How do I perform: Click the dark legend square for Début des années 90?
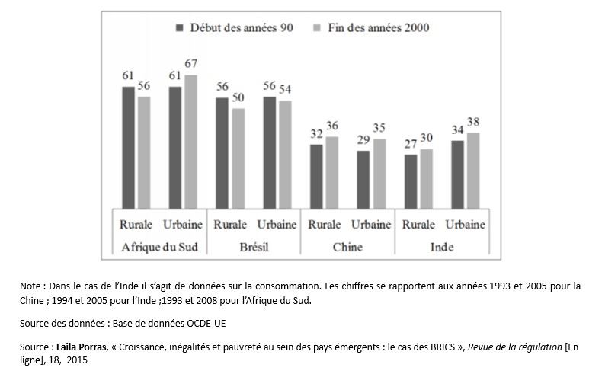click(x=181, y=27)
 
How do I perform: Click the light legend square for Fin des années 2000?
click(x=319, y=27)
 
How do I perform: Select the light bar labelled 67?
click(x=190, y=141)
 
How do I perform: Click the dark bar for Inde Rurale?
click(x=410, y=181)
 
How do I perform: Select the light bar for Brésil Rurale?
click(x=238, y=158)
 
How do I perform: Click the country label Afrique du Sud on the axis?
click(x=159, y=247)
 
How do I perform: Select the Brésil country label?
click(x=254, y=247)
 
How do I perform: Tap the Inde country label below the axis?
click(x=442, y=247)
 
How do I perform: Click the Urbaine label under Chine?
click(x=370, y=225)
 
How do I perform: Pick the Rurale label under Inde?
click(x=418, y=225)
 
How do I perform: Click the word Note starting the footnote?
click(x=32, y=286)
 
